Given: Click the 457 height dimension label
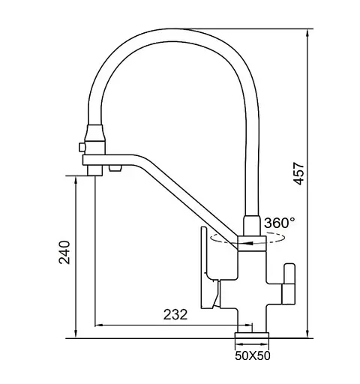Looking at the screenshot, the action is pyautogui.click(x=299, y=173).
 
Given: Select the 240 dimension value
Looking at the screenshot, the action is pyautogui.click(x=64, y=252).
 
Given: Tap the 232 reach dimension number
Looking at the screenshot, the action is pyautogui.click(x=175, y=314).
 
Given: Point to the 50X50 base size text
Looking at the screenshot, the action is pyautogui.click(x=253, y=356).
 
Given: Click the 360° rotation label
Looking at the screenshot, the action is pyautogui.click(x=279, y=223).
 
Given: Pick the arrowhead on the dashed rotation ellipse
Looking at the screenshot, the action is pyautogui.click(x=250, y=243).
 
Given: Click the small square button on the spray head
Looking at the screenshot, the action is pyautogui.click(x=82, y=147).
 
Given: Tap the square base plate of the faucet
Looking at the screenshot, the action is pyautogui.click(x=252, y=335).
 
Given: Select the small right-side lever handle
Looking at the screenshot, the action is pyautogui.click(x=289, y=283).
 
